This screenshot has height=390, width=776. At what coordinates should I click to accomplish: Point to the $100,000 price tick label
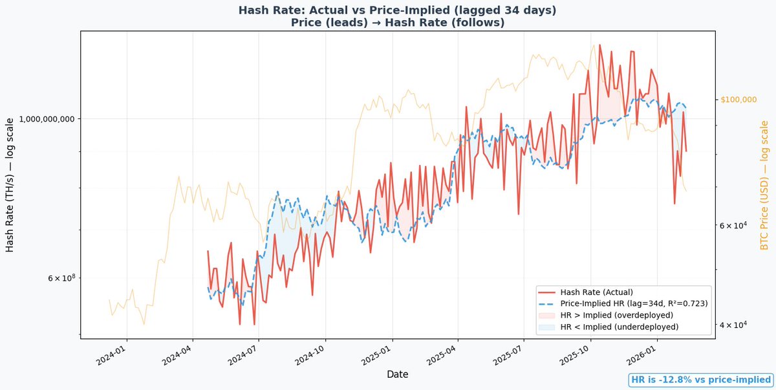[x=738, y=100]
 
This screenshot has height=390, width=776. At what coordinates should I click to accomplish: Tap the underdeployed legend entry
[x=620, y=327]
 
